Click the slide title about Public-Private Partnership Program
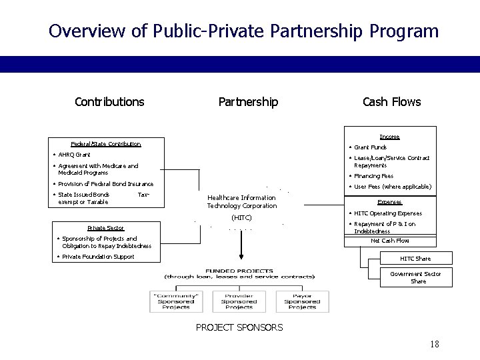[243, 31]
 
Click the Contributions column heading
[109, 101]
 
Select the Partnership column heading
[248, 101]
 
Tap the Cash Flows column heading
[391, 101]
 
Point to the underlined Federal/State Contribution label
[105, 144]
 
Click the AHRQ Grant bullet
[74, 155]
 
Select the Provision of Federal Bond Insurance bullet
[105, 184]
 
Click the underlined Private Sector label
[105, 228]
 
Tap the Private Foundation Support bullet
[96, 257]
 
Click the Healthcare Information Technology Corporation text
[241, 202]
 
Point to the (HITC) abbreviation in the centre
[241, 218]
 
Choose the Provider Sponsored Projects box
[239, 301]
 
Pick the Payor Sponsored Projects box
[302, 301]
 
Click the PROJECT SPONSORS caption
[239, 327]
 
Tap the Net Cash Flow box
[389, 241]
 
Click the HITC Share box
[415, 259]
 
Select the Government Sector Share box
[415, 277]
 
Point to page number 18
[435, 344]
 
